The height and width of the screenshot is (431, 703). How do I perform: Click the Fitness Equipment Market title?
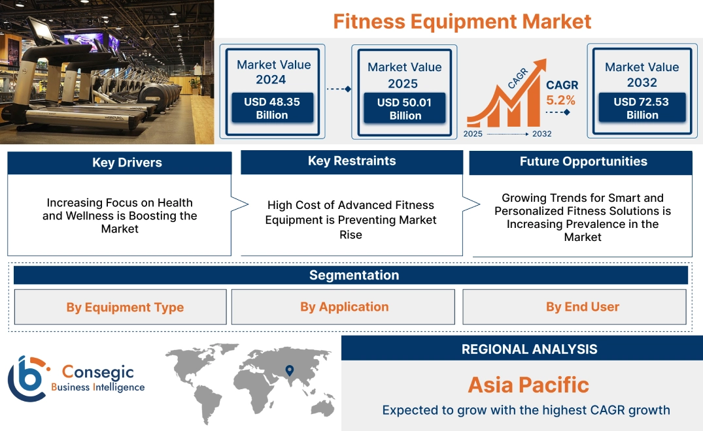(x=462, y=21)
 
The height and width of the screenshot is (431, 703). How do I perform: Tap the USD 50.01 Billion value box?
(x=405, y=108)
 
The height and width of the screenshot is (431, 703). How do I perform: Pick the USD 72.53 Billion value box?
(x=642, y=108)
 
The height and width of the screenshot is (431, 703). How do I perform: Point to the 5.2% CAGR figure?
(x=561, y=100)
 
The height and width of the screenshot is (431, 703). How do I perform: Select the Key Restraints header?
(x=352, y=161)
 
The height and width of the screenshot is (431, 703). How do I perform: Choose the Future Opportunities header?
(x=583, y=161)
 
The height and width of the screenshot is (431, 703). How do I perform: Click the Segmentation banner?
(x=354, y=275)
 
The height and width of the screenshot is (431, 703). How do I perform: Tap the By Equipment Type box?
(x=125, y=308)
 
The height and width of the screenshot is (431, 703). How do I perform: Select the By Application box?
(x=344, y=307)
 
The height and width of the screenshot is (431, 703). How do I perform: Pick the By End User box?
(x=583, y=307)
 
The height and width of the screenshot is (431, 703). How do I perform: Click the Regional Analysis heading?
(x=529, y=349)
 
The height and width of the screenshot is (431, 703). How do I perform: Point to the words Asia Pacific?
(x=528, y=385)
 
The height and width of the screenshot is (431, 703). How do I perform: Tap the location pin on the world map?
(x=288, y=371)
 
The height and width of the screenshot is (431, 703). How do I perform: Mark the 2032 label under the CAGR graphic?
(x=541, y=134)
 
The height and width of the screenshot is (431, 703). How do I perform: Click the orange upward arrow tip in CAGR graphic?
(x=541, y=64)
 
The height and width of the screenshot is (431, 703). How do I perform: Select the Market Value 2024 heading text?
(x=274, y=72)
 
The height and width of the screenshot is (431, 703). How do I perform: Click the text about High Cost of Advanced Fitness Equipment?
(x=351, y=219)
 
